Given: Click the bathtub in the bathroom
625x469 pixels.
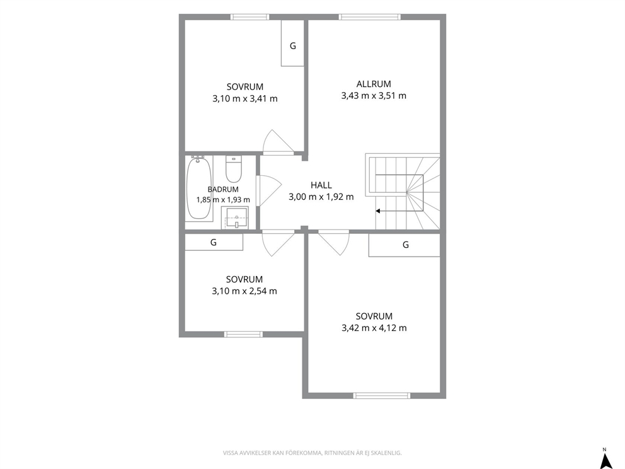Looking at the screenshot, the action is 199,187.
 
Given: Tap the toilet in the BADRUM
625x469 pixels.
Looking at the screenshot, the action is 234,169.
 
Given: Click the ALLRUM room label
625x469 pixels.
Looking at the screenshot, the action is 374,84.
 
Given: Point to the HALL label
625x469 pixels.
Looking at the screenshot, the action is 321,185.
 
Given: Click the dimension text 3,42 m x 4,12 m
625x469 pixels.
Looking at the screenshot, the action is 374,328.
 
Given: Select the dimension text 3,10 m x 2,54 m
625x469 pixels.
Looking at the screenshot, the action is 244,291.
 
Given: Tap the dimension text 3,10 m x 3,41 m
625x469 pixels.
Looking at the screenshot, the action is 245,99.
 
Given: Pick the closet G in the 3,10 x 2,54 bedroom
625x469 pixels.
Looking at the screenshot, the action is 214,242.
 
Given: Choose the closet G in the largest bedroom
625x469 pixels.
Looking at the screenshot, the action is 404,245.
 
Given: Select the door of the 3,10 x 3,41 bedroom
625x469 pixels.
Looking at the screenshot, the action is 278,141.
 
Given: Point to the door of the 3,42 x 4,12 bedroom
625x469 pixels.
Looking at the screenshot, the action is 334,243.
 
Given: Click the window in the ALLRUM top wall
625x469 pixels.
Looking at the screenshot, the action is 369,17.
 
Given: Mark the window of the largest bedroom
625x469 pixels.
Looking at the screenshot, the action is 381,396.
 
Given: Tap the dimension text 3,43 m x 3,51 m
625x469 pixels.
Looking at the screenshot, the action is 374,96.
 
